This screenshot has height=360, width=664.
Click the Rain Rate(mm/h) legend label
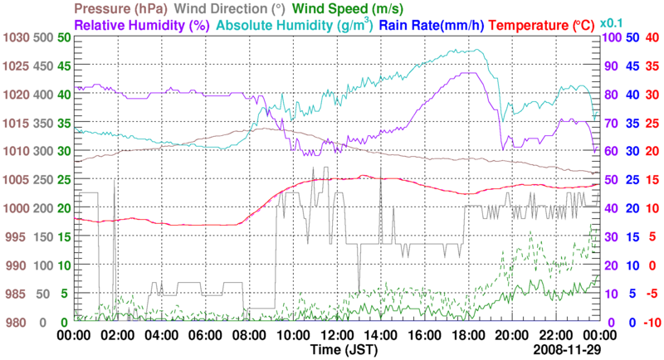point(431,25)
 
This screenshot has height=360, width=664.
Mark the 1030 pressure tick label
point(14,37)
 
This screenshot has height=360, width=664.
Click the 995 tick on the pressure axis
point(17,236)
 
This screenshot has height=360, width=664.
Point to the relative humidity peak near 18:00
point(471,73)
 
